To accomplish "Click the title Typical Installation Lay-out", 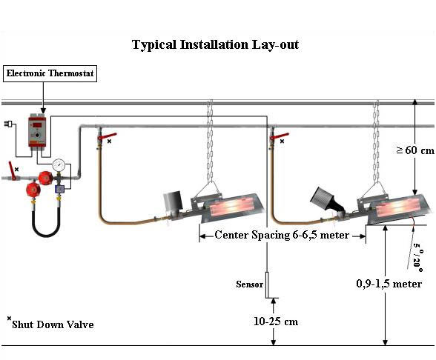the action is (215, 45).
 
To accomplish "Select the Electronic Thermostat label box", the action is (50, 73).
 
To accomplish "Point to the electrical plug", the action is (7, 124).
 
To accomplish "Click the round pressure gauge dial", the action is (59, 165).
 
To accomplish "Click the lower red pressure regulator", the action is (33, 190).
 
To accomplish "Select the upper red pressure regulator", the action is (46, 178).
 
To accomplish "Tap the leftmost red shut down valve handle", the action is (12, 170).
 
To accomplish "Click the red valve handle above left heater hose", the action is (107, 136).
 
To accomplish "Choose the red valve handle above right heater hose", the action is (279, 136).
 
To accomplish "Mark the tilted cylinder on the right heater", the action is (323, 199).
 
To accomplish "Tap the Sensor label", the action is (249, 284).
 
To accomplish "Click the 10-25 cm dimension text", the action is (276, 321).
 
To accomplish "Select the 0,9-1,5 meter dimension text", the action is (389, 284).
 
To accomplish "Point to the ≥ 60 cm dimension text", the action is (415, 150).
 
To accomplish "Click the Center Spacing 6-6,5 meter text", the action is (282, 236).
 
